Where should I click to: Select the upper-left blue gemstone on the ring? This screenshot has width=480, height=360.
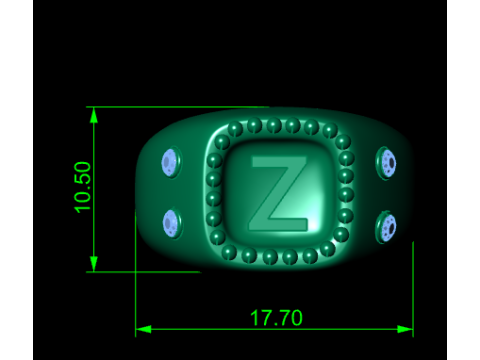click(169, 160)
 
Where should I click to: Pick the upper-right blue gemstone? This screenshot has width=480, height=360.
click(387, 163)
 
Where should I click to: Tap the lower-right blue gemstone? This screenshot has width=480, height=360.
click(387, 227)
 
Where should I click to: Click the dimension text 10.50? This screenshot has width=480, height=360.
click(83, 186)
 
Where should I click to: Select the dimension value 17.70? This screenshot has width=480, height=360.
click(275, 318)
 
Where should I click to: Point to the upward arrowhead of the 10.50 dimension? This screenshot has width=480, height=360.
click(94, 114)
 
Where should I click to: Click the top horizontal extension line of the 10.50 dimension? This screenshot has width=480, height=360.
click(180, 106)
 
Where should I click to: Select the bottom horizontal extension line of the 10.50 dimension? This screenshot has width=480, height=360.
click(150, 271)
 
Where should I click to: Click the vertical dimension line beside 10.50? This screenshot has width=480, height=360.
click(94, 230)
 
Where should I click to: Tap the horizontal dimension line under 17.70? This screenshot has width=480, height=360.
click(200, 329)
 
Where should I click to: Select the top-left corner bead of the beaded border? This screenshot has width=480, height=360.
click(222, 143)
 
